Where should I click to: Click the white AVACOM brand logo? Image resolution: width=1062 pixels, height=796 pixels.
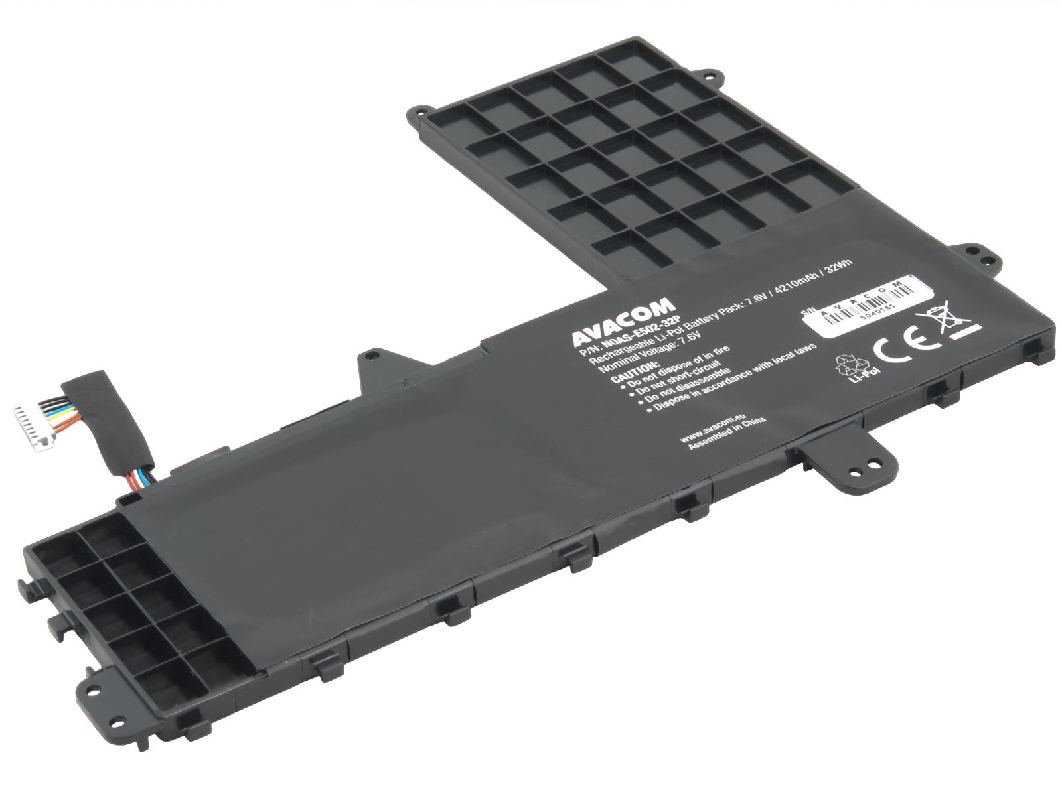[623, 321]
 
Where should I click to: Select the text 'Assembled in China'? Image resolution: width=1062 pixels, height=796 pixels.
[727, 435]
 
